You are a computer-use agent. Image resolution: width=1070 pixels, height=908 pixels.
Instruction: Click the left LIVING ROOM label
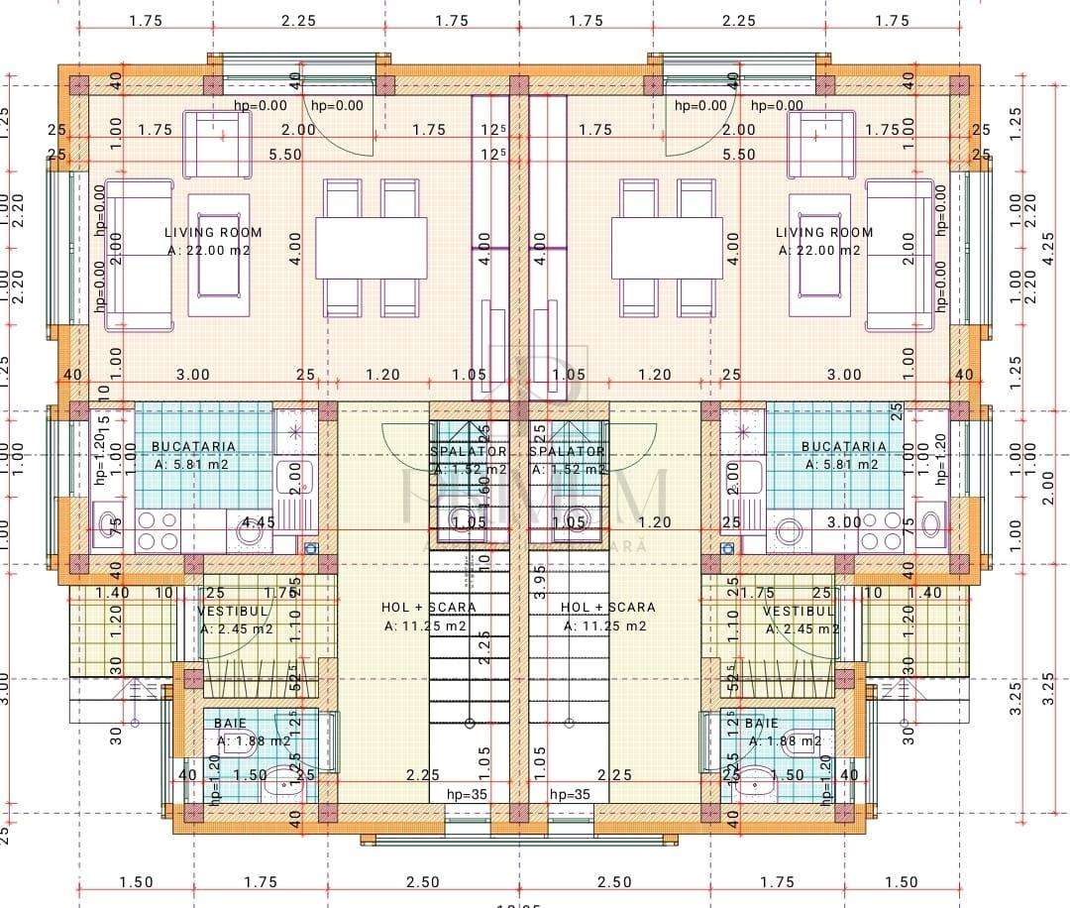[x=213, y=232]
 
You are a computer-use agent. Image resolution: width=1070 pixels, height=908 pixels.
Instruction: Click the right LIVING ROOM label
[x=824, y=232]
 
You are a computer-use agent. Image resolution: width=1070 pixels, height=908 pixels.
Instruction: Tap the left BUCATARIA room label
[x=193, y=447]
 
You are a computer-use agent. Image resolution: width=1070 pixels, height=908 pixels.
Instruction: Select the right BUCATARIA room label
[x=843, y=447]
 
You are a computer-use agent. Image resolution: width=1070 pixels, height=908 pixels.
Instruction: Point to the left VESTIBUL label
[x=228, y=612]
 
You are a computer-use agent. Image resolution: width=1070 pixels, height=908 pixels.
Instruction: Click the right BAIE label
[x=761, y=724]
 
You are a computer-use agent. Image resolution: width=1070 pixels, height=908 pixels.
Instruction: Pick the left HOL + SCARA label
[x=428, y=607]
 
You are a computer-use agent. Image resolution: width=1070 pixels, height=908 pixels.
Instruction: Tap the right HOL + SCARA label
[x=607, y=607]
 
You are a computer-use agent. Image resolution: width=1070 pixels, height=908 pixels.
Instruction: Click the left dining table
[x=371, y=248]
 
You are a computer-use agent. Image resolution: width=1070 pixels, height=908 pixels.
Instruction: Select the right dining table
[x=666, y=248]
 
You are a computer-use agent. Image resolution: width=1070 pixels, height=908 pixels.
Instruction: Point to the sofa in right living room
[x=899, y=255]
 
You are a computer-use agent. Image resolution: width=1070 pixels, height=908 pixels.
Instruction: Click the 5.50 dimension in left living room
[x=285, y=155]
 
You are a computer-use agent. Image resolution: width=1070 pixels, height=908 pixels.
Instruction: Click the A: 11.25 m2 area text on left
[x=426, y=625]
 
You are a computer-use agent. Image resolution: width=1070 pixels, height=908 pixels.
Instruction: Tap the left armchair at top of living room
[x=217, y=145]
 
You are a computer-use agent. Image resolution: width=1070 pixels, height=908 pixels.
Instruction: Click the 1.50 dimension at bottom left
[x=136, y=882]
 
